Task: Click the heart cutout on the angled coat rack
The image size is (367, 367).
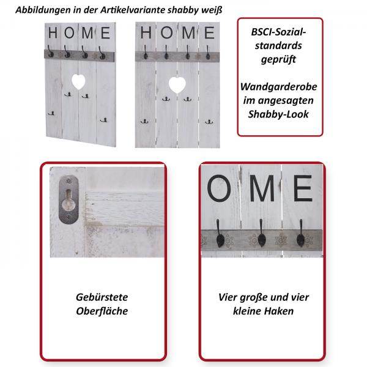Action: click(x=78, y=80)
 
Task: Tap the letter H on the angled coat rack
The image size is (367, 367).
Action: click(x=54, y=31)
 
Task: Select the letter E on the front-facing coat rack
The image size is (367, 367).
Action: click(x=209, y=33)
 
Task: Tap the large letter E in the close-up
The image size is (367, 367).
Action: click(x=300, y=188)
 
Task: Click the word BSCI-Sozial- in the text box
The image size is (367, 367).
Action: click(x=280, y=32)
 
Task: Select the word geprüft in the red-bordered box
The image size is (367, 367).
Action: click(x=280, y=60)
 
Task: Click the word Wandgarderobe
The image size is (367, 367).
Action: click(x=280, y=88)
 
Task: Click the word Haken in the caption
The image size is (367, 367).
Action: click(x=292, y=311)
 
